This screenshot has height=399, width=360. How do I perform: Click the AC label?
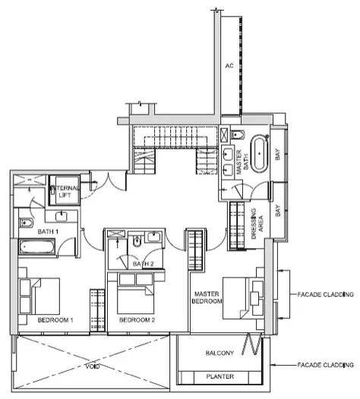coord(229,66)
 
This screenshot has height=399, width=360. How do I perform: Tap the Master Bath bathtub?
coord(259,154)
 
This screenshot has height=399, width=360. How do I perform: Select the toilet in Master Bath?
coord(238,134)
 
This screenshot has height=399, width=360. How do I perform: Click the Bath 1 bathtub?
coord(37,247)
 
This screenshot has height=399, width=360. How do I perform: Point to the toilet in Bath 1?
coord(26,223)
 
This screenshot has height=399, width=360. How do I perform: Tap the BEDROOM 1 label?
coord(55,320)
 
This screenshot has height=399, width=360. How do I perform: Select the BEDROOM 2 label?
coord(137,320)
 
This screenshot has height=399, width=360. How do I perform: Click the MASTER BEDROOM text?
coord(207,297)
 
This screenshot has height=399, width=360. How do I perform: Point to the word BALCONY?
coord(219,353)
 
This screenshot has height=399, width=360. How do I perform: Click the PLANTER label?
coord(220,376)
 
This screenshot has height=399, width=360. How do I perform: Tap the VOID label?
coord(93,366)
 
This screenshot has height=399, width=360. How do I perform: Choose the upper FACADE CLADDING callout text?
coord(326,294)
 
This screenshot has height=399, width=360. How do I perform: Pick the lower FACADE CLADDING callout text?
coord(326,365)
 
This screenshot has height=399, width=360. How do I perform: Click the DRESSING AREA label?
coord(257,224)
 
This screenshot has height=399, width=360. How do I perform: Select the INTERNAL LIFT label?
coord(65,192)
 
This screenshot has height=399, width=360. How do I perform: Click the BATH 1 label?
coord(48,231)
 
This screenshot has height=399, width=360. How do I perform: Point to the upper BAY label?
coord(278,155)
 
